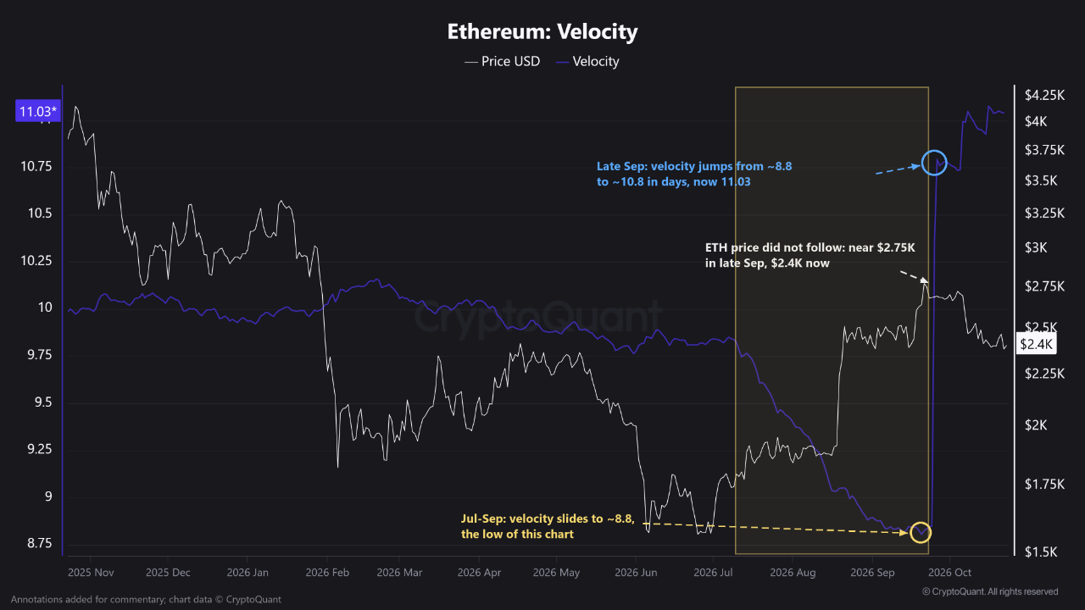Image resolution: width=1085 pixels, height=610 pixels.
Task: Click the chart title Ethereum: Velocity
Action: (542, 32)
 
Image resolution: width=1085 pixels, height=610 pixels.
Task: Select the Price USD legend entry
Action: (503, 62)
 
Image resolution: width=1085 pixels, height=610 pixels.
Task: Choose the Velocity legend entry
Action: (587, 62)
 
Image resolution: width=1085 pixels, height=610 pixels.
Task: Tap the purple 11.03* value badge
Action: (38, 111)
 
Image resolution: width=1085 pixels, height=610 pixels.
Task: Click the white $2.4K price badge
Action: (1036, 344)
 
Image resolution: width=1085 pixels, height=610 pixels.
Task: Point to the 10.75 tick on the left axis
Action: (36, 167)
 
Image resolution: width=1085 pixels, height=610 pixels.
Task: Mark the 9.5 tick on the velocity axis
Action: (43, 402)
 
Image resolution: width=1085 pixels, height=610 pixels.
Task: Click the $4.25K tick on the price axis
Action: (1044, 96)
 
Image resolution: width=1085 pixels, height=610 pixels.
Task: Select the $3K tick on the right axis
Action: (1036, 248)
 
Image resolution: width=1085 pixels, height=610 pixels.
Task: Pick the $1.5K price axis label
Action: (1041, 552)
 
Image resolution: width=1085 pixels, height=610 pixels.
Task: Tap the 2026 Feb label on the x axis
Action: (327, 573)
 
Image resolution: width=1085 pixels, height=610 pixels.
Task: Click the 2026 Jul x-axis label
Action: (713, 573)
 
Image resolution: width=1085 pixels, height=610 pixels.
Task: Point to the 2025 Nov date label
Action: (91, 573)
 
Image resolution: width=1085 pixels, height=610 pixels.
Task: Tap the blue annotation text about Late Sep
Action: (694, 175)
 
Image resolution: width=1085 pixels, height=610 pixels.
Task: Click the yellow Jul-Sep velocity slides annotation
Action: (548, 527)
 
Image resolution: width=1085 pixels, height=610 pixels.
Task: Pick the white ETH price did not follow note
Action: (810, 256)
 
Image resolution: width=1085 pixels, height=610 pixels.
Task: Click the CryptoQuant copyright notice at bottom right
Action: (990, 591)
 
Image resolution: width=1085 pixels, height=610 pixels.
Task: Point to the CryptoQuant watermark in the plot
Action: (537, 317)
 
